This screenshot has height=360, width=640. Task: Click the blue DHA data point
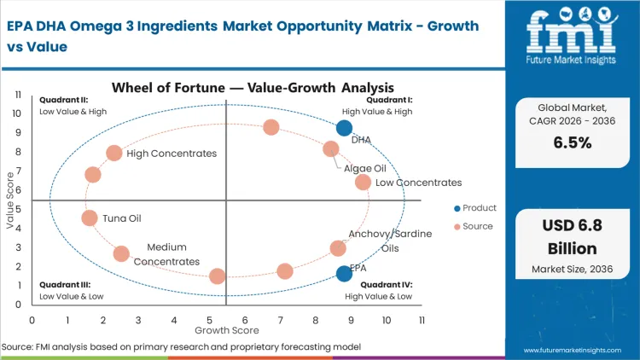(x=344, y=128)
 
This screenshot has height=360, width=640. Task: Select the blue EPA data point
(x=344, y=273)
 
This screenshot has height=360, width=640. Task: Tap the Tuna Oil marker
(x=90, y=218)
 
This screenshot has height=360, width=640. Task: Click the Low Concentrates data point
(x=363, y=182)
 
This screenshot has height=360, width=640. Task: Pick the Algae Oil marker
(x=331, y=149)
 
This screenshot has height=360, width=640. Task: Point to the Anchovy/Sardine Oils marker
(x=338, y=248)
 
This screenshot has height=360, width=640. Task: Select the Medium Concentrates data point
(x=121, y=253)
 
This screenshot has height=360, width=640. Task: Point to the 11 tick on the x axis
(x=422, y=320)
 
